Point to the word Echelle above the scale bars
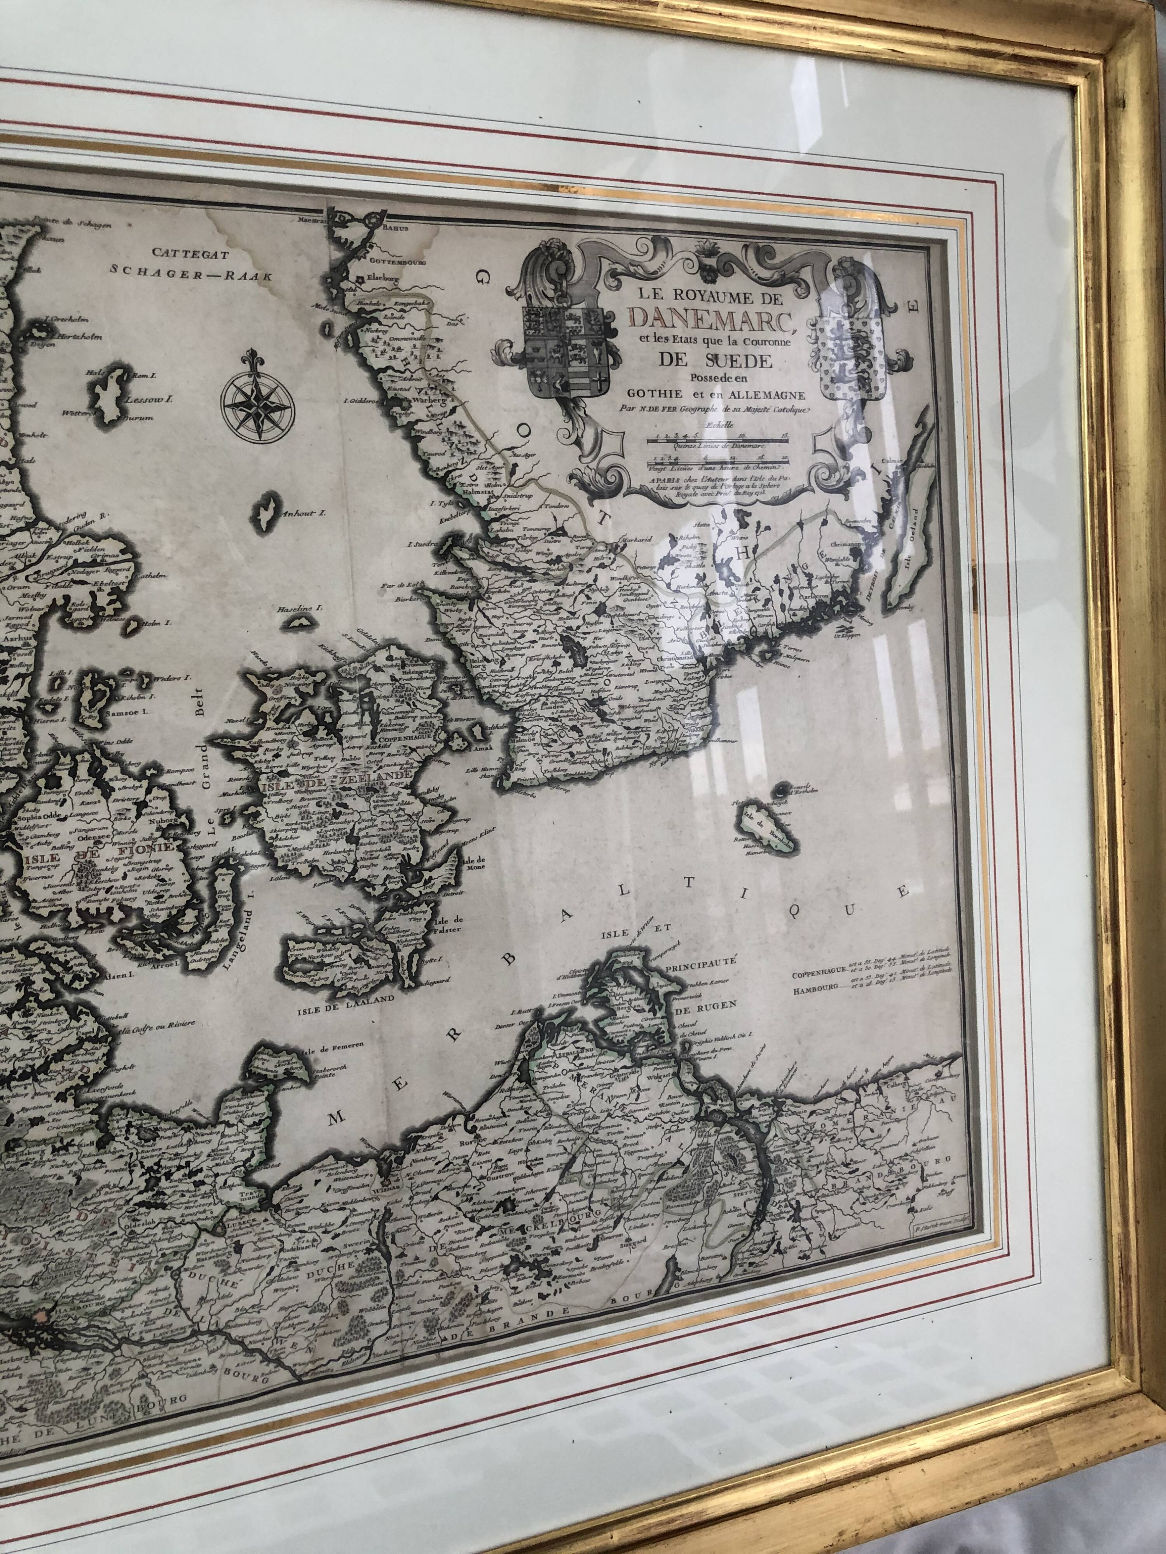pos(714,423)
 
